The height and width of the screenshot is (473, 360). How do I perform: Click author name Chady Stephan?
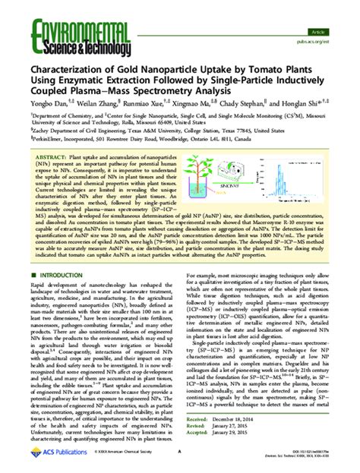click(242, 102)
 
